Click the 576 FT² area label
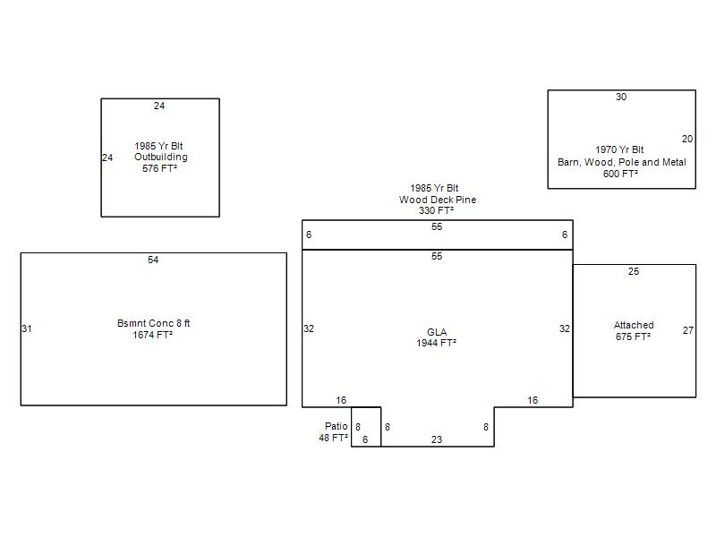(x=159, y=168)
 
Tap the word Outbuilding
(x=161, y=158)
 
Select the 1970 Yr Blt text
(x=619, y=149)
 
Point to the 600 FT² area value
(x=620, y=174)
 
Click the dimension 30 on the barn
(x=621, y=97)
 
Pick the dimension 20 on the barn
(x=687, y=139)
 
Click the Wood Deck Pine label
(x=438, y=200)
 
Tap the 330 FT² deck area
(x=437, y=210)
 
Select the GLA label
(x=437, y=332)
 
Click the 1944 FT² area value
(x=437, y=343)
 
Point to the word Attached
(x=634, y=325)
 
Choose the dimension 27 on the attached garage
(x=688, y=330)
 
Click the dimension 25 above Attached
(x=634, y=271)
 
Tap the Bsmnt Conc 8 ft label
(x=153, y=323)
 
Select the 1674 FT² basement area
(x=152, y=335)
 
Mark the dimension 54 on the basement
(x=153, y=260)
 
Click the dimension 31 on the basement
(x=27, y=328)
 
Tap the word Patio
(x=337, y=426)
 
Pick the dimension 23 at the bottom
(x=437, y=439)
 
